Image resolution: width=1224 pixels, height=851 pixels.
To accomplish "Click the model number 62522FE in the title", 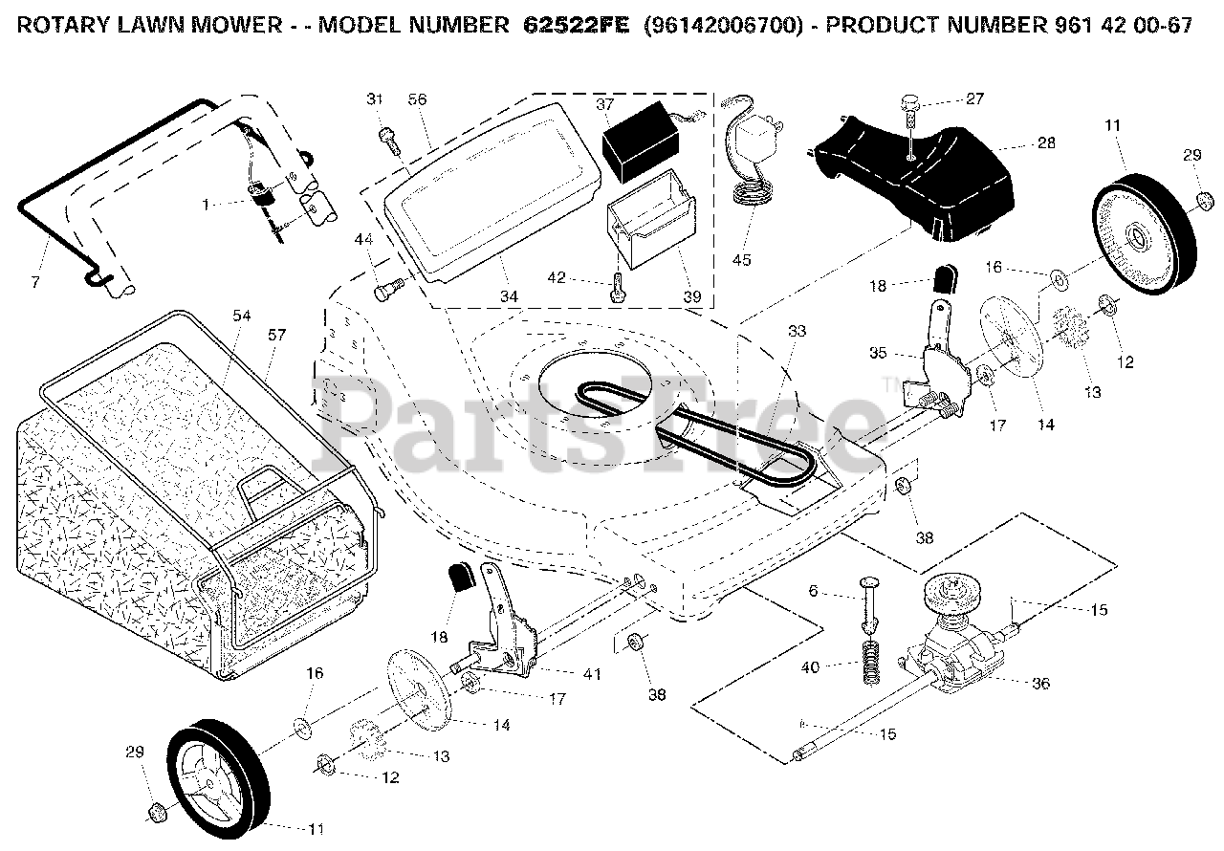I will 576,26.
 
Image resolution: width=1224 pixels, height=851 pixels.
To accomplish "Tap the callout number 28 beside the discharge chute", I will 1046,143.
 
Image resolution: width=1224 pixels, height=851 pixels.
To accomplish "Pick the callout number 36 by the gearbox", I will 1040,683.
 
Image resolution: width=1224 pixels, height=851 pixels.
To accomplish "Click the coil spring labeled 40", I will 870,661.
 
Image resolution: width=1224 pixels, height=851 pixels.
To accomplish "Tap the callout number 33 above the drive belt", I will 797,331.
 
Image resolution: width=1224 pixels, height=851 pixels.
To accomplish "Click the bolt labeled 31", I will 388,140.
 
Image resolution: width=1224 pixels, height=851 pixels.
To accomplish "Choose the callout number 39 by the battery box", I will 691,297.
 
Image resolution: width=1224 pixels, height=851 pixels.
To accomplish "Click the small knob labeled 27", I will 912,101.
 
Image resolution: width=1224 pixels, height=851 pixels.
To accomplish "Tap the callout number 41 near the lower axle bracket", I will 593,673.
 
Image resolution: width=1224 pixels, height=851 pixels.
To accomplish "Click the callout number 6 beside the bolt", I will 813,591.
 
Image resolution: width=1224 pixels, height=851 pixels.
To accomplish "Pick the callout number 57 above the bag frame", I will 277,335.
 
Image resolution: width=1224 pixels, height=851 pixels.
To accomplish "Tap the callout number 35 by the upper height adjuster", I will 877,352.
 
